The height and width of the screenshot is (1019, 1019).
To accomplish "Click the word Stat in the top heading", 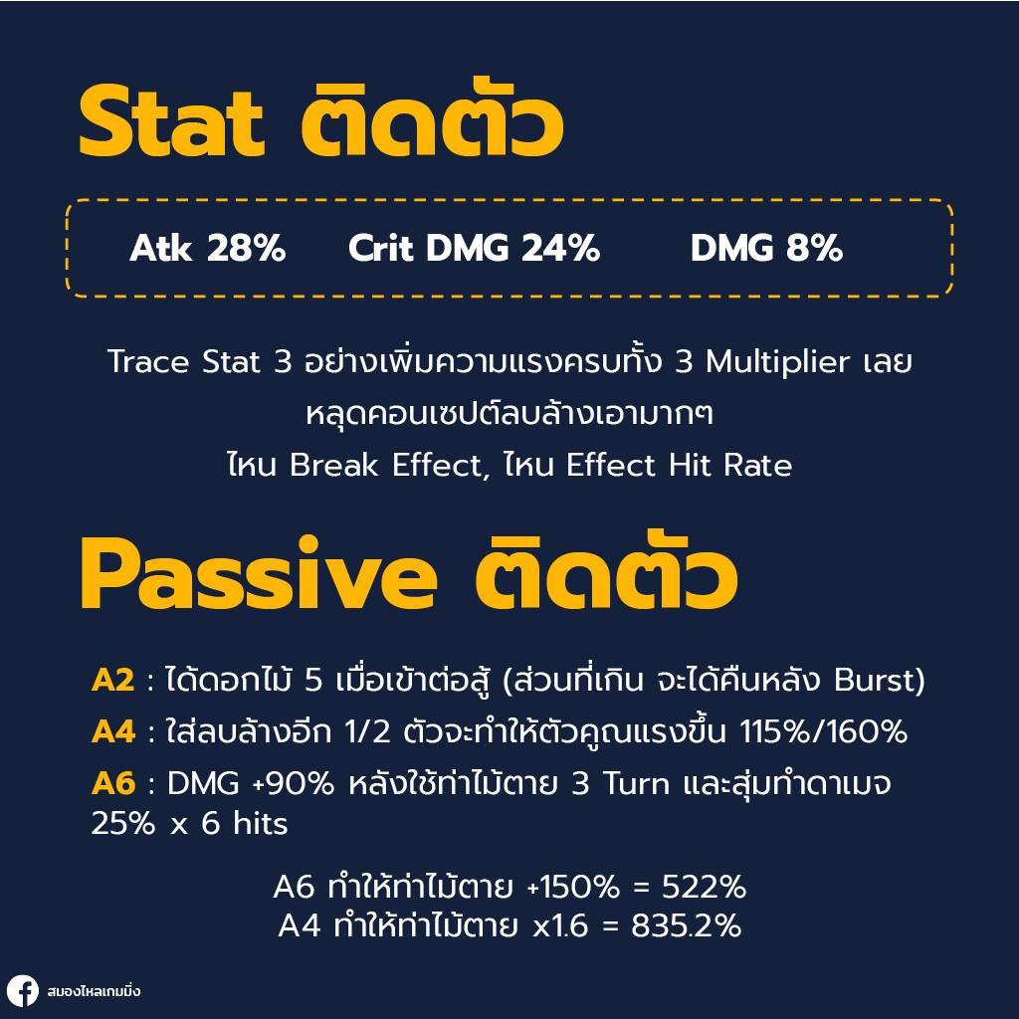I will pos(171,124).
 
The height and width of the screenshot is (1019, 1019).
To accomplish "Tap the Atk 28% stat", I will pos(207,249).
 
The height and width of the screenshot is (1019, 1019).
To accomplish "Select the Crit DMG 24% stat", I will pos(474,249).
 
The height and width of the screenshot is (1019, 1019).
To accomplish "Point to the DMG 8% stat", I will pos(766,249).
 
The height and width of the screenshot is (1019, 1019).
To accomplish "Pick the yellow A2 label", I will pos(112,682).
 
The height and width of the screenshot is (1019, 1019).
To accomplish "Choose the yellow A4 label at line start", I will pos(112,732).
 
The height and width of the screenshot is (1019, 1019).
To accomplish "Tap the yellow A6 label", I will pos(112,783).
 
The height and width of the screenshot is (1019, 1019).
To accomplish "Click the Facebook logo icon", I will pos(22,991).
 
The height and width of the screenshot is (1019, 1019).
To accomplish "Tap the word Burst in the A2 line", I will pos(879,682).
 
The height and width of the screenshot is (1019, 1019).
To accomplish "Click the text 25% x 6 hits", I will pos(189,824).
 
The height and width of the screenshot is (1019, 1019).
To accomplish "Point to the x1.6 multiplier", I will pos(562,926).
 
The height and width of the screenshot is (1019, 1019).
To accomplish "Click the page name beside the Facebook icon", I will pos(94,992).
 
